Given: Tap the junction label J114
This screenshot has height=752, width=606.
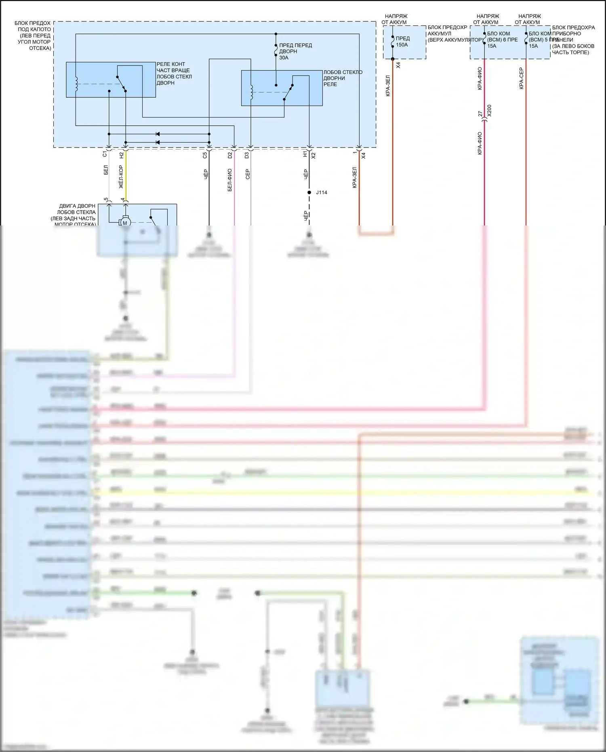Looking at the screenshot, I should point(322,192).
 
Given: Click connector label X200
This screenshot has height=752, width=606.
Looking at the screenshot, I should point(489,111).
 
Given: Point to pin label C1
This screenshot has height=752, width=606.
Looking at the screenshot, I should point(105,154).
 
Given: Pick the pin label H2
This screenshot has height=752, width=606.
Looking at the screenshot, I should point(122,155).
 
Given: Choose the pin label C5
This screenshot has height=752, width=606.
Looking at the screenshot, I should point(205,155).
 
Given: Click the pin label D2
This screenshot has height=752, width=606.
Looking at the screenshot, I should point(230,155).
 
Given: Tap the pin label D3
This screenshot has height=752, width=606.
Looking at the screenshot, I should point(247,155).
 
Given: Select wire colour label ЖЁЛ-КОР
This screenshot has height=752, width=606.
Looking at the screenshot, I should point(121,177).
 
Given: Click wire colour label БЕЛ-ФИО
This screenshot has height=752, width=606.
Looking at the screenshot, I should point(230,180).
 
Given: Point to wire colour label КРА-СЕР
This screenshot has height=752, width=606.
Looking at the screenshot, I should point(521,78).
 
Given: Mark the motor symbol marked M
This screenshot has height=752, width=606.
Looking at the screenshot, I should point(125,223).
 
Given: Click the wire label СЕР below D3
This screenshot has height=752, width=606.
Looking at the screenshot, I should point(248,174).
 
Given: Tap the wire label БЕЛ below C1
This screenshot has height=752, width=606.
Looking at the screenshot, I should point(106,170).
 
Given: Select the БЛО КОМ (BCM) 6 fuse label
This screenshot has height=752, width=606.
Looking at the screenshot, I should point(502,40).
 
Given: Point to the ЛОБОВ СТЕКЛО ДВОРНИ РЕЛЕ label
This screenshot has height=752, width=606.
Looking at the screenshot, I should point(343,78).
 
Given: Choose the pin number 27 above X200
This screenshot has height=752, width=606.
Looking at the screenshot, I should point(480,114).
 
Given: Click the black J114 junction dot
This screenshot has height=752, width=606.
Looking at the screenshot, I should point(309,192).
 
